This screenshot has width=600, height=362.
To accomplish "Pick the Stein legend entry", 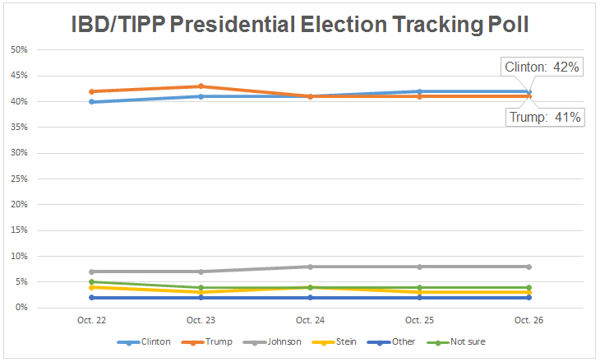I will pyautogui.click(x=344, y=341).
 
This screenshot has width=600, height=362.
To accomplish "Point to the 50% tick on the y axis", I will pyautogui.click(x=19, y=50).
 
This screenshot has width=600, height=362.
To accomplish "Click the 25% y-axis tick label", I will pyautogui.click(x=19, y=179).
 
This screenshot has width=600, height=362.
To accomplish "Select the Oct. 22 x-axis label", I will pyautogui.click(x=91, y=319).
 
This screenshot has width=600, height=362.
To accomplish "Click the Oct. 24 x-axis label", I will pyautogui.click(x=310, y=319).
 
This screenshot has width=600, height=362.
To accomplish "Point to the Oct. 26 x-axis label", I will pyautogui.click(x=529, y=319).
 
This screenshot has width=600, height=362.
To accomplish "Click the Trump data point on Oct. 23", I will pyautogui.click(x=201, y=86).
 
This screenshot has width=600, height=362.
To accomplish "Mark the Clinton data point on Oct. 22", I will pyautogui.click(x=91, y=102).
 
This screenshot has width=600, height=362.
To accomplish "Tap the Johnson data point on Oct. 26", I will pyautogui.click(x=529, y=267).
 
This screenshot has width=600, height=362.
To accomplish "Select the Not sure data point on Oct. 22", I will pyautogui.click(x=91, y=282).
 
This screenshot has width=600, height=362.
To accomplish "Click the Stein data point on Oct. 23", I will pyautogui.click(x=201, y=292).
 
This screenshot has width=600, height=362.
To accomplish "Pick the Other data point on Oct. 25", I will pyautogui.click(x=420, y=297).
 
